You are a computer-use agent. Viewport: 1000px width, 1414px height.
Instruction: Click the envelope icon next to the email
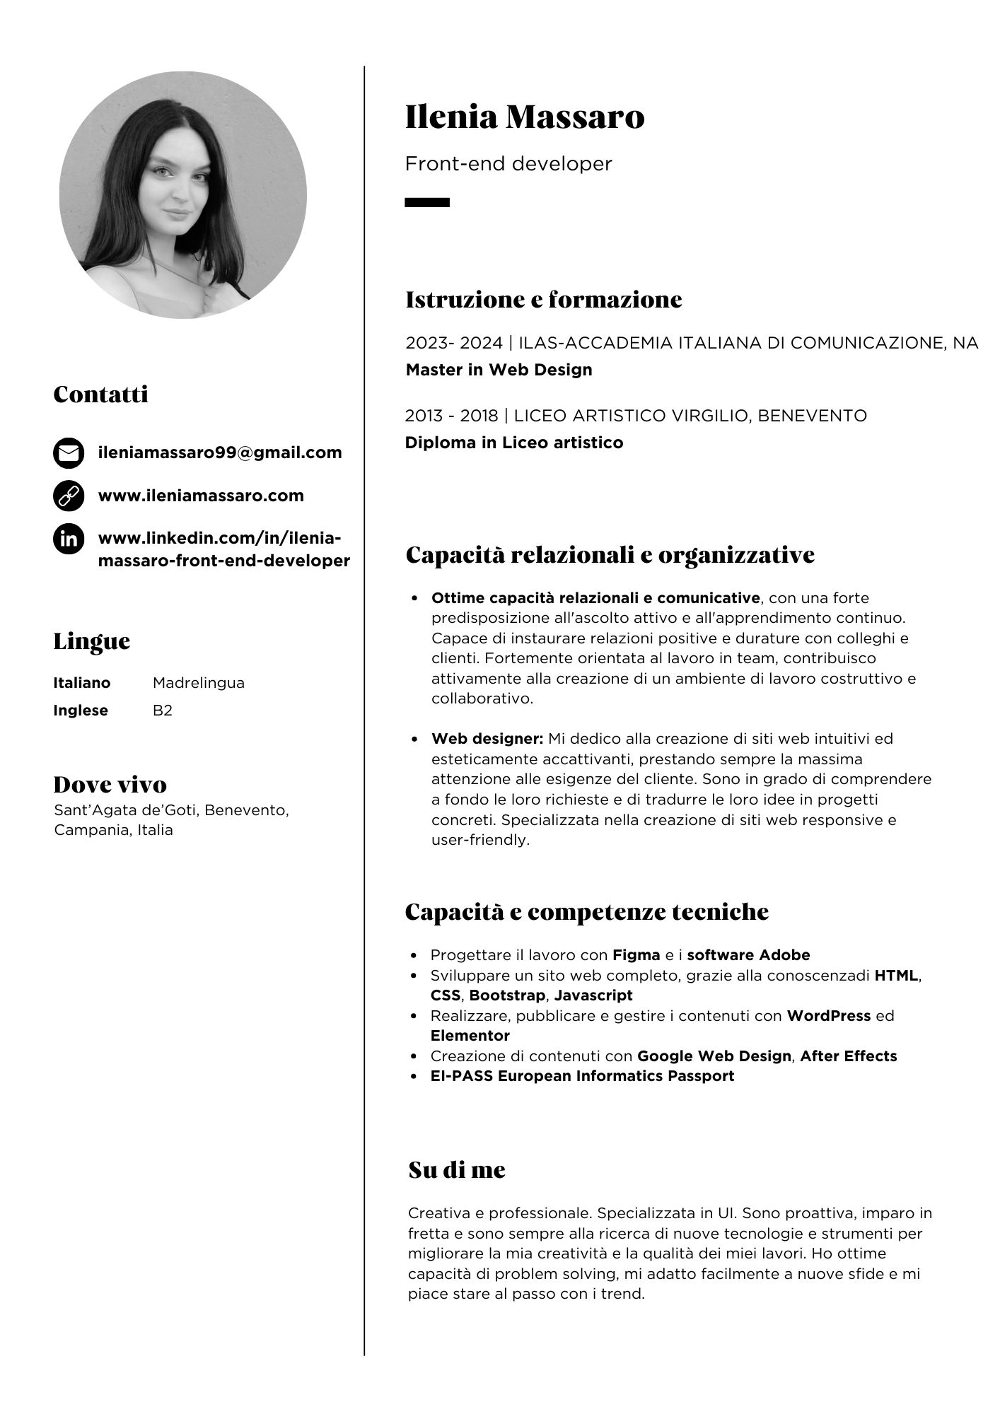point(69,453)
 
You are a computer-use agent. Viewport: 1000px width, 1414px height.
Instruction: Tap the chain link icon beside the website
point(69,496)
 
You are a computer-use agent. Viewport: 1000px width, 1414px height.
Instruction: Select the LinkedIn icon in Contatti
point(69,539)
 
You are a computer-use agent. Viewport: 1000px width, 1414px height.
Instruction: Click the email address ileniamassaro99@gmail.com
point(220,452)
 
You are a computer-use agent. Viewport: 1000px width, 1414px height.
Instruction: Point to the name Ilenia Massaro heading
point(524,117)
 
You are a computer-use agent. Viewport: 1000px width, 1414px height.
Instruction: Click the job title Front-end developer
point(508,164)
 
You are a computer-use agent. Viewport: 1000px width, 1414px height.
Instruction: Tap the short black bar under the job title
point(426,202)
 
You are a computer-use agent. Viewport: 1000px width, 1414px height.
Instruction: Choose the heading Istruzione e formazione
point(543,300)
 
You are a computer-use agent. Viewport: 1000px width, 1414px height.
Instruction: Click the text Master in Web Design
point(499,370)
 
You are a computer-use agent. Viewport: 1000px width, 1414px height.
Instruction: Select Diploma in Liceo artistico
point(513,443)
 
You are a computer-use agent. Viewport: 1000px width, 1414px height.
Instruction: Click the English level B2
point(163,711)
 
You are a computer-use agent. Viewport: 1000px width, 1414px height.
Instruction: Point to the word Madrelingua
point(199,683)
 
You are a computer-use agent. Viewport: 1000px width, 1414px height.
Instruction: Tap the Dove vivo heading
point(110,784)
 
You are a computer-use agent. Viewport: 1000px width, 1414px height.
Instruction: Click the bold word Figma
point(636,955)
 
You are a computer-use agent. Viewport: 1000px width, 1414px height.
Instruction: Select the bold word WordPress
point(828,1016)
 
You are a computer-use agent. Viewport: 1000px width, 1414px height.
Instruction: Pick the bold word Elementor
point(470,1036)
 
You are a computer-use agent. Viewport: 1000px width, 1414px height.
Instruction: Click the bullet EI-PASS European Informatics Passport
point(582,1076)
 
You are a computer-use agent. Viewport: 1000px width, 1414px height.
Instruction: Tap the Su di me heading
point(457,1170)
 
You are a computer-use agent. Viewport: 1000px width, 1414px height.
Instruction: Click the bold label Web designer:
point(487,739)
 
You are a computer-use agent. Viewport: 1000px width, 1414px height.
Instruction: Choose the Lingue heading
point(92,641)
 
